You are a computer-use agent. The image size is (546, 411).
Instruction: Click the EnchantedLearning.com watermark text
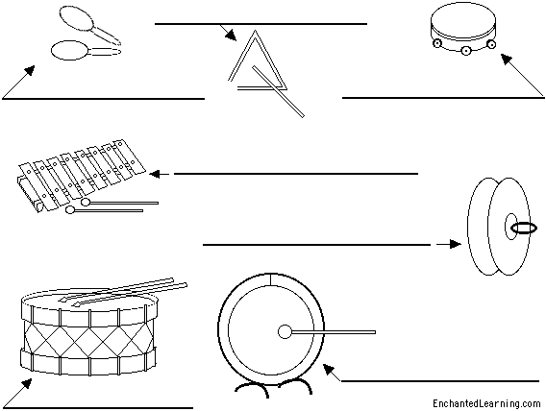[486, 403]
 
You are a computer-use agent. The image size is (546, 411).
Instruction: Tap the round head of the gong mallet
[285, 331]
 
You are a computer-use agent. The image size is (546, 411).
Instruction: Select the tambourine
[463, 31]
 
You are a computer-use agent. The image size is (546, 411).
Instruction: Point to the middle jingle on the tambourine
[465, 51]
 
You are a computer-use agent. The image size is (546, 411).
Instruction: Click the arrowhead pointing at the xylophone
[155, 174]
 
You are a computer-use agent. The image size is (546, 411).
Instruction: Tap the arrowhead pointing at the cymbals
[455, 244]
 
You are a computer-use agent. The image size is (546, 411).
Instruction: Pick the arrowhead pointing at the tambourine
[507, 59]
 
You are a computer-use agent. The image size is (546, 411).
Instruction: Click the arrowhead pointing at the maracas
[31, 70]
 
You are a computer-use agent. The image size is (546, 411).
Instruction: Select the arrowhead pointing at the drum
[27, 383]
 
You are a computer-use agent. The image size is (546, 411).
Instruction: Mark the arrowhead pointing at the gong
[328, 369]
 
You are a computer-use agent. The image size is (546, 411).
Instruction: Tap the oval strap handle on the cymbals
[524, 229]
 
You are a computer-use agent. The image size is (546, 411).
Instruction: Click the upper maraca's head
[76, 18]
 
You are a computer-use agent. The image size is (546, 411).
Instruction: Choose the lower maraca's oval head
[69, 51]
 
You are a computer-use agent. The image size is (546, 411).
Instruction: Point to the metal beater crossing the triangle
[278, 91]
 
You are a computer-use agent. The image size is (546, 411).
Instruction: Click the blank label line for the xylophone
[296, 174]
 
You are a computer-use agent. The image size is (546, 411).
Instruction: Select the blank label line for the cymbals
[316, 245]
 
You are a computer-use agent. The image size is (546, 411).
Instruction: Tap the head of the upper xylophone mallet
[86, 202]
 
